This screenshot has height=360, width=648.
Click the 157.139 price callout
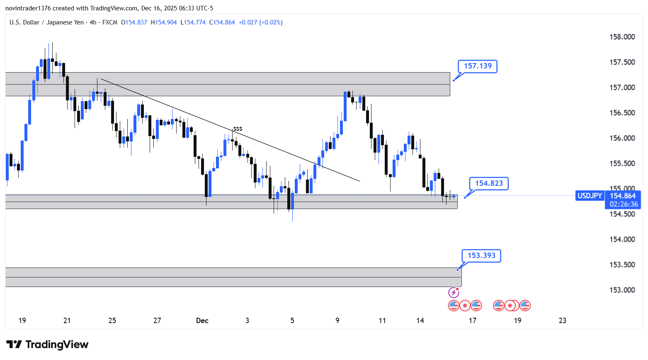[478, 66]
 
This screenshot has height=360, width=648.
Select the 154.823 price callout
[489, 183]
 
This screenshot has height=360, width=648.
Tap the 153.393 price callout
[481, 255]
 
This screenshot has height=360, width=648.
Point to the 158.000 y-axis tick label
[622, 37]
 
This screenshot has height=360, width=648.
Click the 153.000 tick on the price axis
[622, 290]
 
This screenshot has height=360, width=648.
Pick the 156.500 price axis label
[622, 113]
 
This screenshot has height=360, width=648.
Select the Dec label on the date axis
[202, 321]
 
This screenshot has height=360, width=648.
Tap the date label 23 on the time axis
[563, 321]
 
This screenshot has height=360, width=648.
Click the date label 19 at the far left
[22, 321]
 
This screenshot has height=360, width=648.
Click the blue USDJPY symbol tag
[590, 196]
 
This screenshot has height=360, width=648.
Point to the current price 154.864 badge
[623, 196]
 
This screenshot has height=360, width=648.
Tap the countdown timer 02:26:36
[623, 204]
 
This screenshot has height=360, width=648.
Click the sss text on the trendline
[238, 129]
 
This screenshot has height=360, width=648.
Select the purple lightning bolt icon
[454, 293]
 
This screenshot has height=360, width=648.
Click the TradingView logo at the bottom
[47, 345]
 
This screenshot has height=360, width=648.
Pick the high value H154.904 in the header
[164, 22]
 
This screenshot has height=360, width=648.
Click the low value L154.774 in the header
[193, 22]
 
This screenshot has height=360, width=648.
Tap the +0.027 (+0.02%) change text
[260, 22]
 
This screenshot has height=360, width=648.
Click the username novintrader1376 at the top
[28, 8]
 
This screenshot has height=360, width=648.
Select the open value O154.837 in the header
[134, 22]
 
